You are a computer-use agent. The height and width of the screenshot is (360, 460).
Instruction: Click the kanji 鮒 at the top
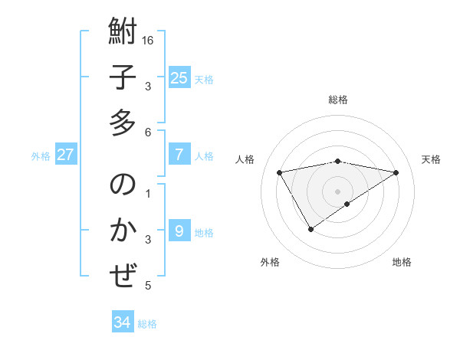(x=123, y=33)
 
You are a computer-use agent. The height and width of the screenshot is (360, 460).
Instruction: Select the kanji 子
(x=123, y=78)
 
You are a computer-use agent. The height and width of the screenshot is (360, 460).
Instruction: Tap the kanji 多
(x=123, y=123)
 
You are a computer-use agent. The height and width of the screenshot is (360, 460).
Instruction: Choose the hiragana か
(x=123, y=231)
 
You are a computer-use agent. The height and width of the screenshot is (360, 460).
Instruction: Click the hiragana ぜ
(x=123, y=275)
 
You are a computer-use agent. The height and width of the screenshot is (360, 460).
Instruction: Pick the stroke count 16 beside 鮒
(x=149, y=40)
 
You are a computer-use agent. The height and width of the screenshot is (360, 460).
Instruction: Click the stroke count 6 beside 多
(x=148, y=132)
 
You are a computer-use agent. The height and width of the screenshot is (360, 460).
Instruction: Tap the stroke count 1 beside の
(x=148, y=193)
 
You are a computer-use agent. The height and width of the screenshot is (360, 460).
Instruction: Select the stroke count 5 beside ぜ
(x=148, y=286)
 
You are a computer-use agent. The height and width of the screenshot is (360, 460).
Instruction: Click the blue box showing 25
(x=179, y=78)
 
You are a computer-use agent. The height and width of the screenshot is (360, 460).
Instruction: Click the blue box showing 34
(x=123, y=322)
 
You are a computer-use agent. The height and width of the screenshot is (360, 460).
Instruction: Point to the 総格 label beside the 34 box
(x=147, y=324)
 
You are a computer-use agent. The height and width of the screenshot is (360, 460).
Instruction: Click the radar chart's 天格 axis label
(x=431, y=159)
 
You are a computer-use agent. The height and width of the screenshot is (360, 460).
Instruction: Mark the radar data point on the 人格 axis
(x=280, y=172)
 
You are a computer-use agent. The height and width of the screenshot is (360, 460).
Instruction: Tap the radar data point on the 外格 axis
(x=310, y=229)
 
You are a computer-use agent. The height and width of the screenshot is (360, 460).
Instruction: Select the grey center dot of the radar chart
(x=337, y=191)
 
